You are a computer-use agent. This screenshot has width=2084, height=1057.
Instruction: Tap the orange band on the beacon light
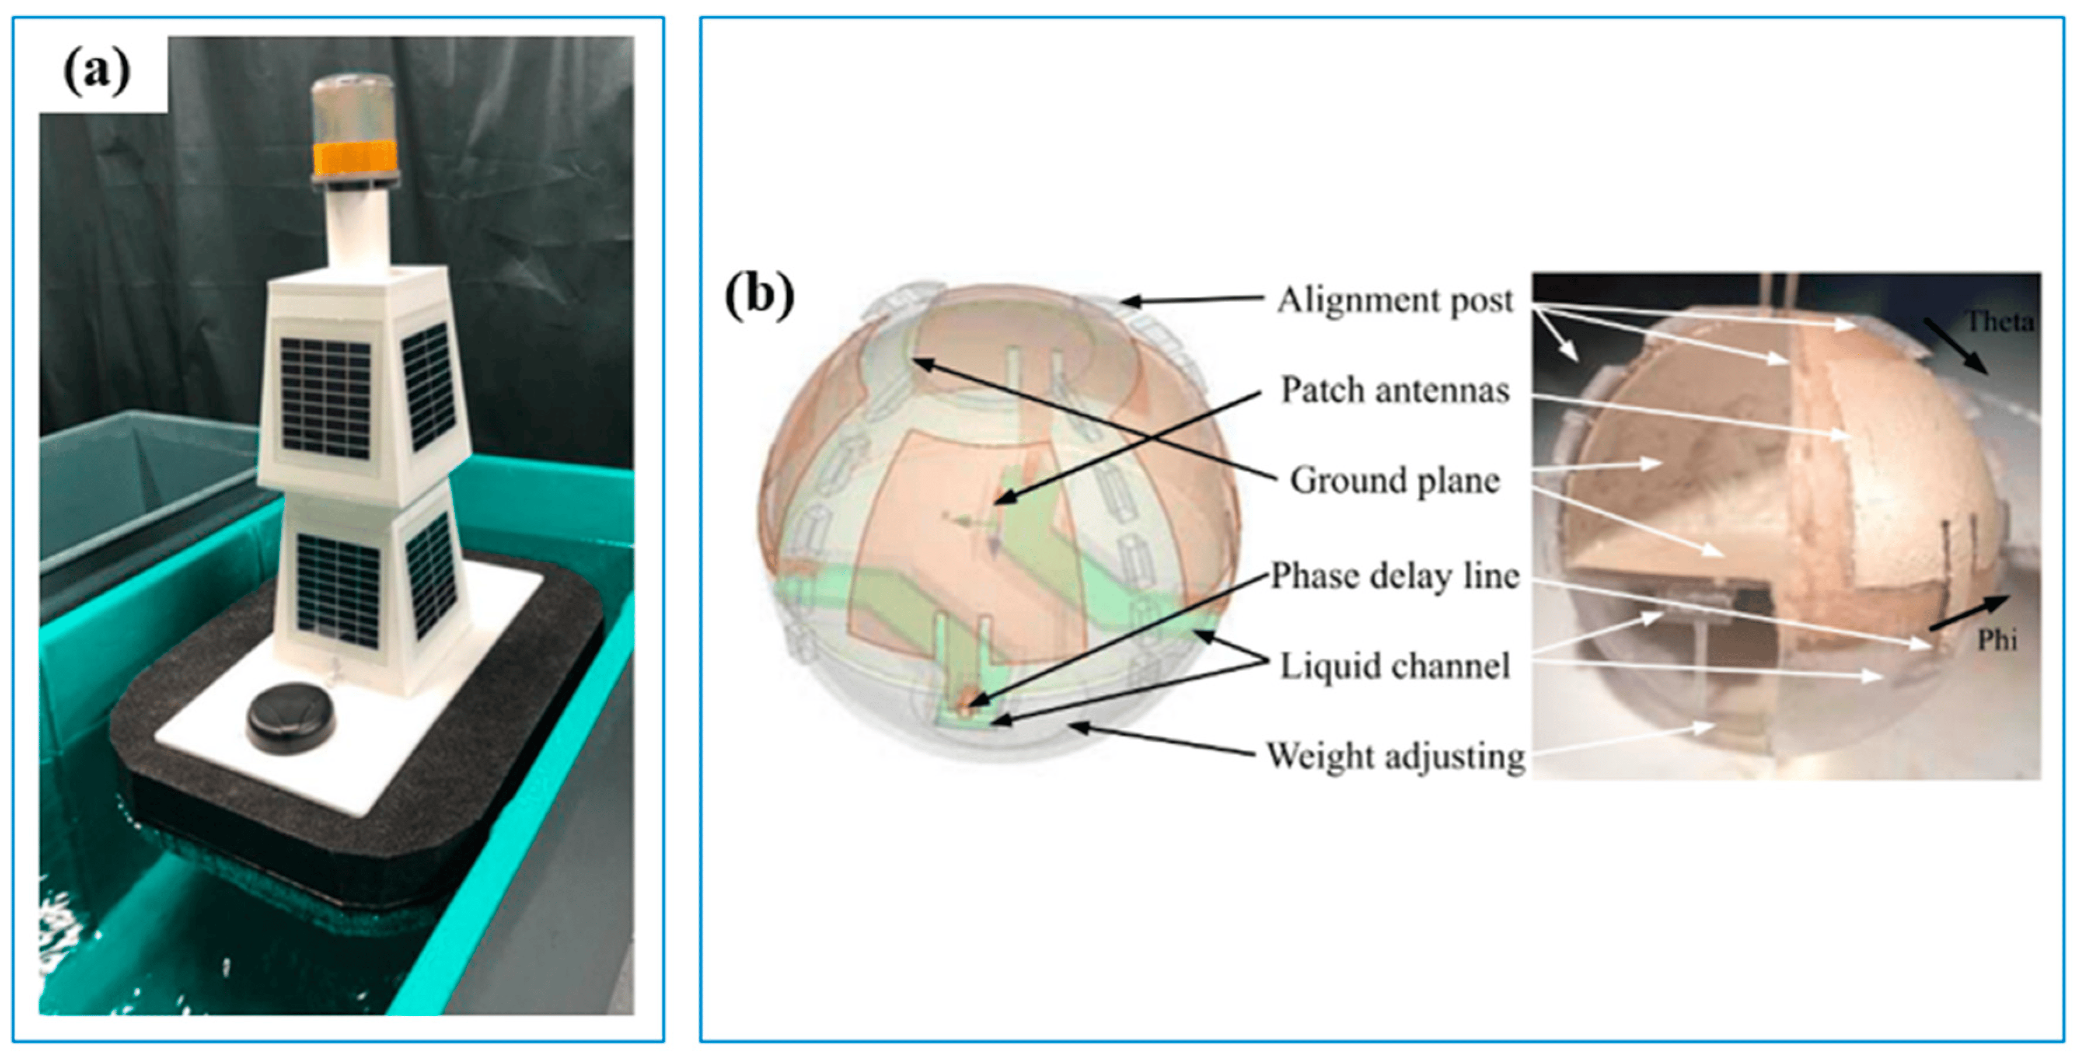354,158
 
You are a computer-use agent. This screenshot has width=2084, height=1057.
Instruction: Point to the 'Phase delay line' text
1395,575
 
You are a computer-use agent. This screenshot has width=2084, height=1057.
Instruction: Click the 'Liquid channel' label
1395,666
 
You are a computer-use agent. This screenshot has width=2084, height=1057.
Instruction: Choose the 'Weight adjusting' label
1395,756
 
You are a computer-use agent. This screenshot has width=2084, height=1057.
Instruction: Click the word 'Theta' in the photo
1999,322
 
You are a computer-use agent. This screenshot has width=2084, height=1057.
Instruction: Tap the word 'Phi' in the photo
1996,640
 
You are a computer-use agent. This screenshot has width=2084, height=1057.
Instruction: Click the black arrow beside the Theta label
1956,346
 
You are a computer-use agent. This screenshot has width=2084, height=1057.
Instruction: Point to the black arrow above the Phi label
1968,613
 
